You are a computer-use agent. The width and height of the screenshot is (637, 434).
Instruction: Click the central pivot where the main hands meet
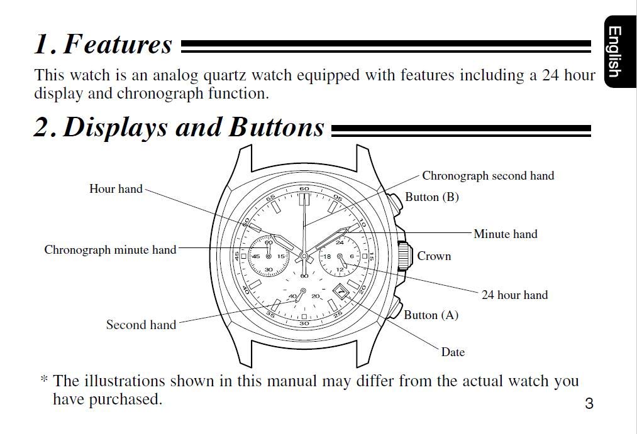[x=304, y=256]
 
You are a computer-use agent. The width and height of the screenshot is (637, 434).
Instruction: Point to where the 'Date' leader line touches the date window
[x=345, y=296]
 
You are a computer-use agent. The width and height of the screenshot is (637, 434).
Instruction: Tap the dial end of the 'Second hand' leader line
[x=296, y=301]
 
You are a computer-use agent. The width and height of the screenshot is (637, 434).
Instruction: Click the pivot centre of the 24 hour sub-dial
[x=340, y=256]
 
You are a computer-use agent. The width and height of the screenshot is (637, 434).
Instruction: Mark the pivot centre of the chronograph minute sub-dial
[x=268, y=256]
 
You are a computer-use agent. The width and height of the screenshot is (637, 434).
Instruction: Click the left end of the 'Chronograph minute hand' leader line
[x=179, y=248]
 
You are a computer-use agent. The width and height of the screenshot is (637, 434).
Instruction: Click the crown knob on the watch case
[x=404, y=256]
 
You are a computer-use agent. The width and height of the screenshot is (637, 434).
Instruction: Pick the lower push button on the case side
[x=394, y=308]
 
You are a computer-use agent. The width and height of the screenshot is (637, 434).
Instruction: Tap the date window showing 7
[x=341, y=291]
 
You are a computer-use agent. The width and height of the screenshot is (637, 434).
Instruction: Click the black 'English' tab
[x=620, y=52]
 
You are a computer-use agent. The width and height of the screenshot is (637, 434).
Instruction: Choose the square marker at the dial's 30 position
[x=304, y=317]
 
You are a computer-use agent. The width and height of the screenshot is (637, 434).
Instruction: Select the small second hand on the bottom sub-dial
[x=300, y=296]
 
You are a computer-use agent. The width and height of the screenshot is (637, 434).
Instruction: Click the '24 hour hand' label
[x=515, y=295]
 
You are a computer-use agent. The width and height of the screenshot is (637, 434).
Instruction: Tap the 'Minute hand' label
[x=506, y=234]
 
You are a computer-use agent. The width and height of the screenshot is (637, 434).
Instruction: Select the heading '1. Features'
[x=104, y=44]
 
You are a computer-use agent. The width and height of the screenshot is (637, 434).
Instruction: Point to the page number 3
[x=589, y=403]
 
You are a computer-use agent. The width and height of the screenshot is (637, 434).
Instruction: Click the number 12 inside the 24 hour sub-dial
[x=340, y=269]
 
